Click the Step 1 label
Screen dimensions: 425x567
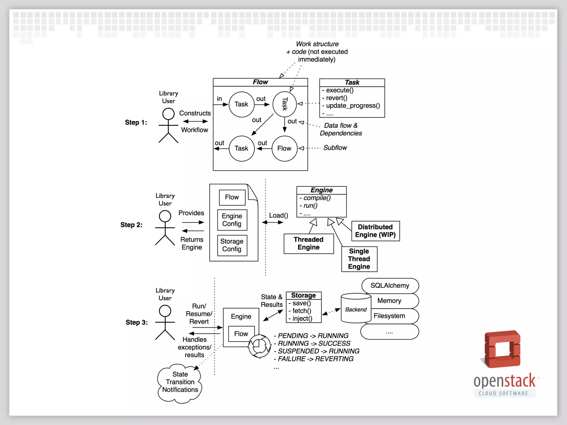tap(136, 122)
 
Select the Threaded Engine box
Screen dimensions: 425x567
tap(308, 243)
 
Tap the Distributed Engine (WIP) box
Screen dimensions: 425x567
tap(375, 231)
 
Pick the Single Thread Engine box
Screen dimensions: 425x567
tap(359, 259)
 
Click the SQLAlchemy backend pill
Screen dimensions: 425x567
tap(390, 286)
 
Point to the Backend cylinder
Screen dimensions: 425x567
tap(356, 309)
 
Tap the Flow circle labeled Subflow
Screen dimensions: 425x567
tap(284, 149)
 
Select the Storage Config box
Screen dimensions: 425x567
tap(232, 245)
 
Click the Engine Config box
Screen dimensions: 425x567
tap(232, 220)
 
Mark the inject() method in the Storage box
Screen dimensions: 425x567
tap(302, 319)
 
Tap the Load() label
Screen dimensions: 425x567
tap(279, 216)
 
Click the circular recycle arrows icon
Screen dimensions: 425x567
tap(259, 346)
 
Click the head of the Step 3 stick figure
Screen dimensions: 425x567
tap(165, 311)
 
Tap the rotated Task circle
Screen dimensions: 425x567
tap(285, 104)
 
